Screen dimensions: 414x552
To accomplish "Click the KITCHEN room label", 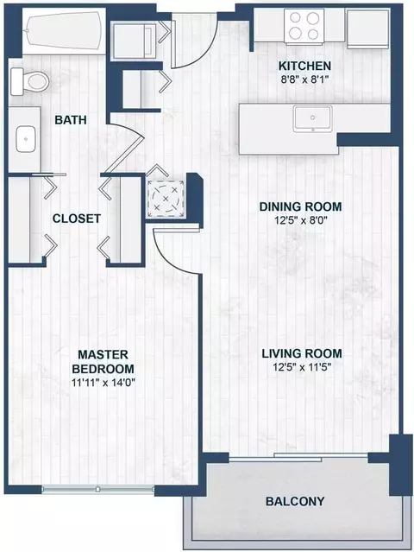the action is (304, 66).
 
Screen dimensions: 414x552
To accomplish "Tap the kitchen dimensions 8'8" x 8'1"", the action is (304, 79).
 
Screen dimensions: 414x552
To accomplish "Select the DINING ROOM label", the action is (300, 206).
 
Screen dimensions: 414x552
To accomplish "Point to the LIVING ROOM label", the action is (302, 353).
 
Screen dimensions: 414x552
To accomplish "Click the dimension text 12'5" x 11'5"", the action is (302, 367).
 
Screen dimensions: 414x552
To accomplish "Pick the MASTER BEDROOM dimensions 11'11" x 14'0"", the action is (103, 383).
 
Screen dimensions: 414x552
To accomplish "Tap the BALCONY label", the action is (295, 501).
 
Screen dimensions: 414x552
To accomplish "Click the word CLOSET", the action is (77, 219).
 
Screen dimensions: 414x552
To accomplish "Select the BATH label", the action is (71, 120).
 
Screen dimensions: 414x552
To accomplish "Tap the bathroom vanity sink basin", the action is (25, 139).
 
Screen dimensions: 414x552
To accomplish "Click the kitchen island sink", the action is (313, 118).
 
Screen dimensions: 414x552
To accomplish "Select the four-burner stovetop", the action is (304, 27).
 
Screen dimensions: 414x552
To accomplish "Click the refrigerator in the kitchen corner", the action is (368, 29).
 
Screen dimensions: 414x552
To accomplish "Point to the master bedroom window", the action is (98, 489).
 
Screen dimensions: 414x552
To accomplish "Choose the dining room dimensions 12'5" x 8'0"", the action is (300, 221).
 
